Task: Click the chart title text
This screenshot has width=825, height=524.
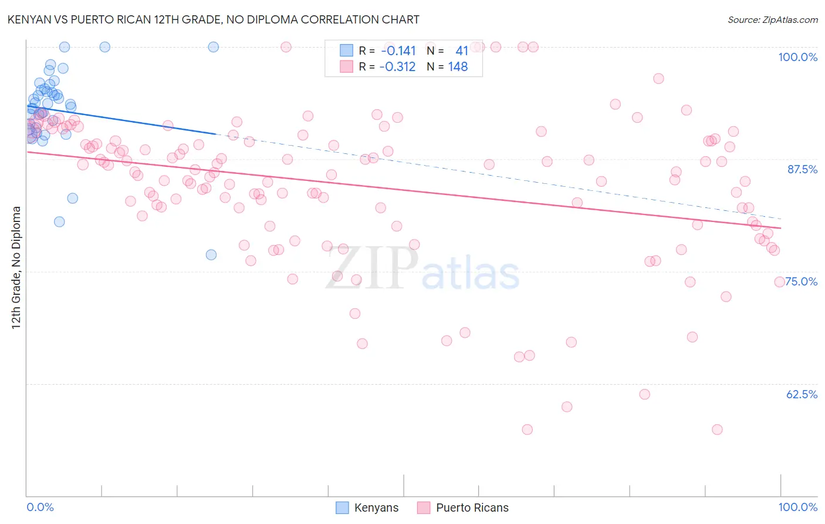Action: [x=213, y=19]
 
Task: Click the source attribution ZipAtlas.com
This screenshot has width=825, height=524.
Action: [x=772, y=19]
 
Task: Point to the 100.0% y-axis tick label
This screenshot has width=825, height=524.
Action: [x=797, y=57]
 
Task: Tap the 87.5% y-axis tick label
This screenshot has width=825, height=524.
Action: [x=802, y=169]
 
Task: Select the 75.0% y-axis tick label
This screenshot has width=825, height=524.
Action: [x=802, y=281]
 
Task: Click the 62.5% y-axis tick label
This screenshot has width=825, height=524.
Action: [x=802, y=394]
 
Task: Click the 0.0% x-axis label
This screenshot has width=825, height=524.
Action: [x=40, y=507]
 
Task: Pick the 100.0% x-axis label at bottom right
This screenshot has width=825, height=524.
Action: [x=797, y=507]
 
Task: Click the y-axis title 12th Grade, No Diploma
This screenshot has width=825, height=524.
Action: [x=16, y=267]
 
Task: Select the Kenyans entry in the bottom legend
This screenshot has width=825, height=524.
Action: [x=376, y=508]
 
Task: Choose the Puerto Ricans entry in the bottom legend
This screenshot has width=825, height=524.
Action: [x=472, y=508]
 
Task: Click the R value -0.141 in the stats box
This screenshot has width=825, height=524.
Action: [x=398, y=51]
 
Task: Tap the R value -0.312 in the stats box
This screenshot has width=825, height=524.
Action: [x=397, y=67]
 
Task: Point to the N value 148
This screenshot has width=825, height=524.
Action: [x=458, y=67]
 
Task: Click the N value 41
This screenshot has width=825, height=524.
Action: [x=462, y=51]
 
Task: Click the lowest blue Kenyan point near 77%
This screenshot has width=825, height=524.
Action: [x=211, y=254]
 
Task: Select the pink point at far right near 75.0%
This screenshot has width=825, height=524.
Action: [x=779, y=282]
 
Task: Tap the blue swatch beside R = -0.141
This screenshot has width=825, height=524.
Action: [x=346, y=51]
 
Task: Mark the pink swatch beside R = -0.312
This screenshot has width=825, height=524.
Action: [x=346, y=66]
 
